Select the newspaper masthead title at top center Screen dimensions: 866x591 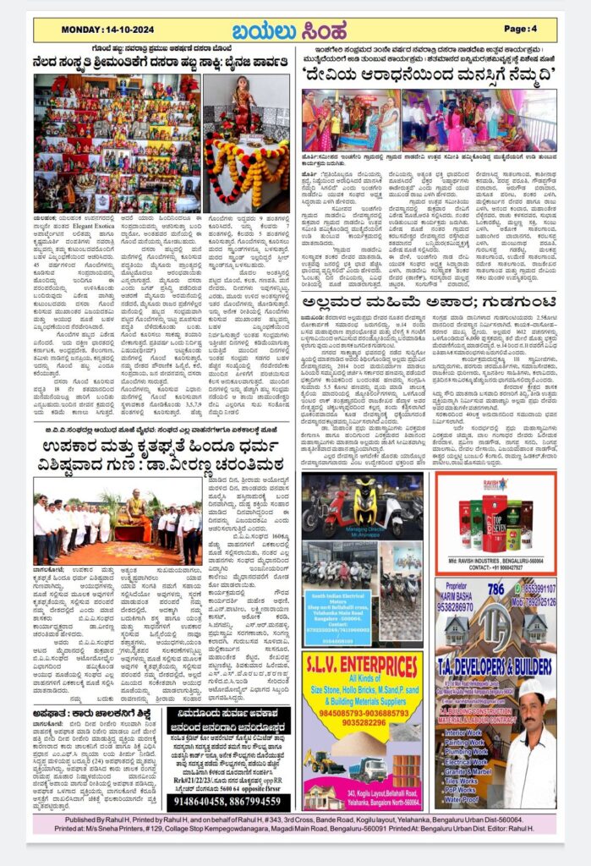point(295,30)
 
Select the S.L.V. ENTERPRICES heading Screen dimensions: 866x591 point(363,665)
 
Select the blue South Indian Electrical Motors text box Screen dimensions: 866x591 point(342,617)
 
